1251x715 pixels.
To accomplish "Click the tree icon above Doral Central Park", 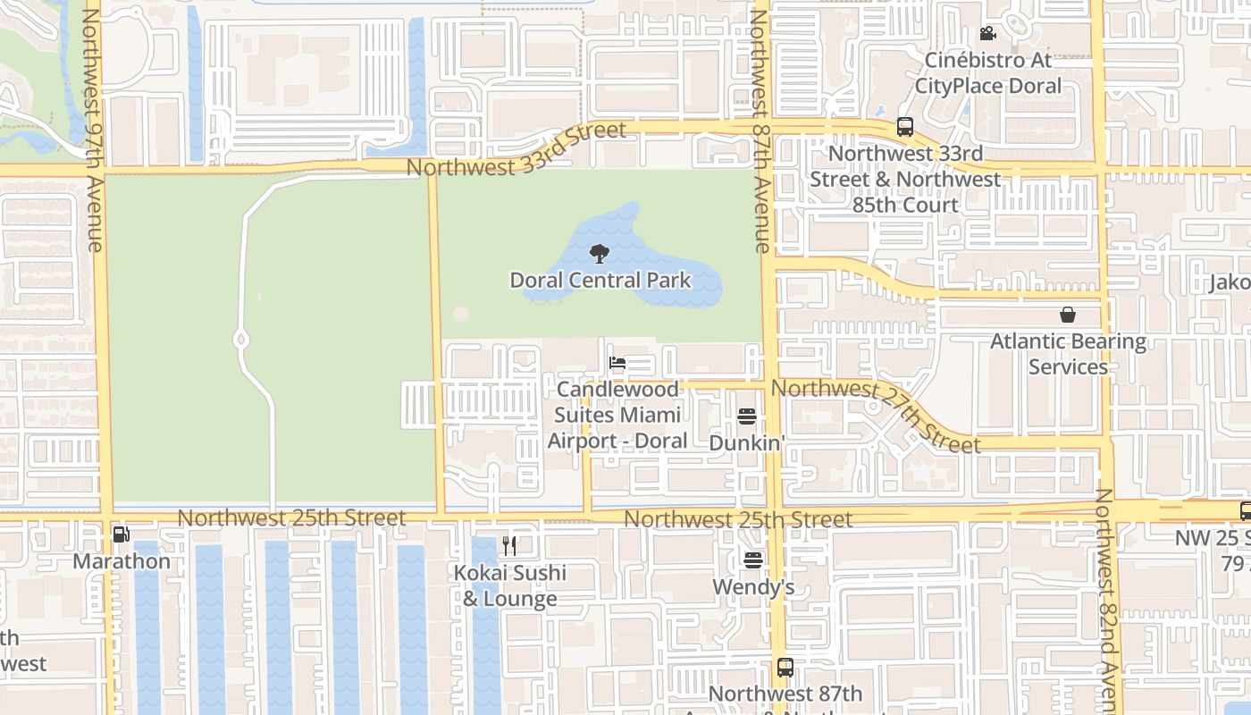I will (600, 254).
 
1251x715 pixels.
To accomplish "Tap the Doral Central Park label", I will (600, 281).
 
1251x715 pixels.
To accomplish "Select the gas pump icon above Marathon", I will (121, 534).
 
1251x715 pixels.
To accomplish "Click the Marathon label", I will (122, 561).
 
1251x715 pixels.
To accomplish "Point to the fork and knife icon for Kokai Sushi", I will (509, 545).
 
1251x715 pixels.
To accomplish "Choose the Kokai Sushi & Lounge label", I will (510, 586).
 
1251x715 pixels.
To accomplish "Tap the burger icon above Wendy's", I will (753, 560).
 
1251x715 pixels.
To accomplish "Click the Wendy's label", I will (753, 587).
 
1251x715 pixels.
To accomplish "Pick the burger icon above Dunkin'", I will (747, 416).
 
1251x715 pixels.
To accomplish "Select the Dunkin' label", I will (747, 442).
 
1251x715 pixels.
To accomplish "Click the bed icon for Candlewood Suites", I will (617, 363).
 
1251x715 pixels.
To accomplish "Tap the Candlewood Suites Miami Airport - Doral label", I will (617, 416).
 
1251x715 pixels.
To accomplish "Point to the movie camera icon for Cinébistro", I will (987, 34).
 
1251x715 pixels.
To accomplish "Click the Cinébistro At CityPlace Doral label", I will (987, 73).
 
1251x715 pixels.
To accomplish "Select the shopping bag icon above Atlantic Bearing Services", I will (1068, 315).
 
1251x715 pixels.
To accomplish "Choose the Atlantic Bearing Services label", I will (1068, 354).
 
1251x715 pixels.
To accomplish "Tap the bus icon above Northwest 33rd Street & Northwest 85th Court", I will (905, 127).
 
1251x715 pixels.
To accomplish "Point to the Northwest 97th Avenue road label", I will (92, 130).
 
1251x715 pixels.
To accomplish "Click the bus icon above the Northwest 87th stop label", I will (785, 668).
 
